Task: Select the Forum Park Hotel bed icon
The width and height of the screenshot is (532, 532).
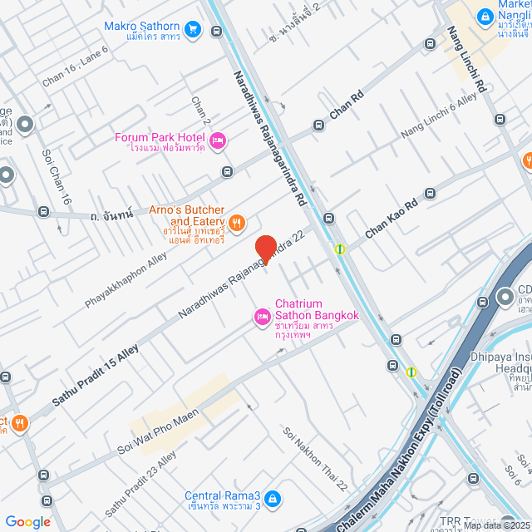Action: (x=219, y=141)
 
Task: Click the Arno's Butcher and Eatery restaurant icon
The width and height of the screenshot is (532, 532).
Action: (x=237, y=222)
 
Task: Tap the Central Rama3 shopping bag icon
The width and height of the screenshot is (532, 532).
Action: (x=274, y=500)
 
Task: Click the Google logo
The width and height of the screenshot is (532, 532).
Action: (x=27, y=522)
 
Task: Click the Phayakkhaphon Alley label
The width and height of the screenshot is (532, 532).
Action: (x=126, y=283)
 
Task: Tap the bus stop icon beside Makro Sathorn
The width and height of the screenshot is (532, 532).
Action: (x=217, y=32)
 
